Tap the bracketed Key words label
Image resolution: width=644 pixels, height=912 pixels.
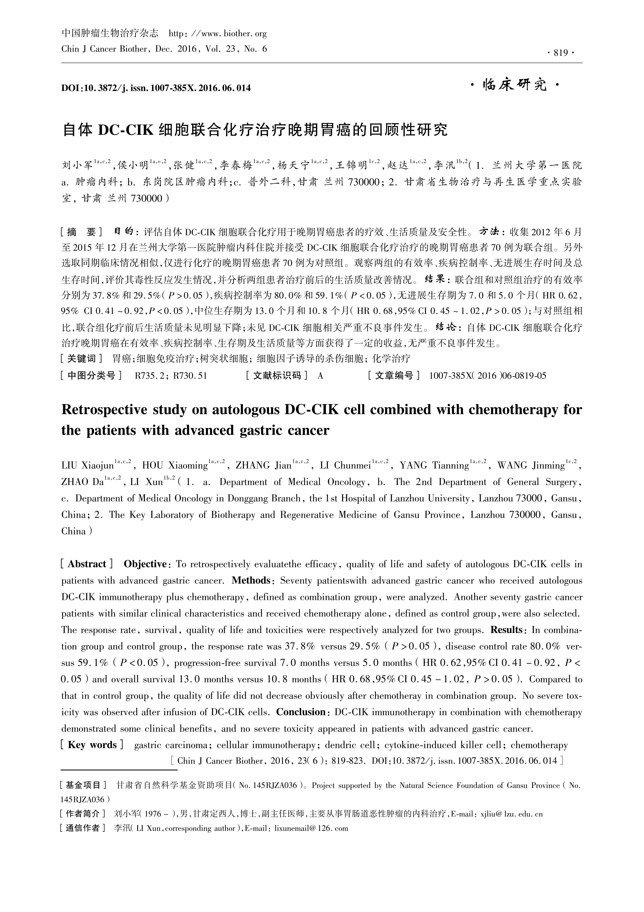click(93, 745)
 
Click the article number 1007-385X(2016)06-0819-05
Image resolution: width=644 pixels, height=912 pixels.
click(487, 375)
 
